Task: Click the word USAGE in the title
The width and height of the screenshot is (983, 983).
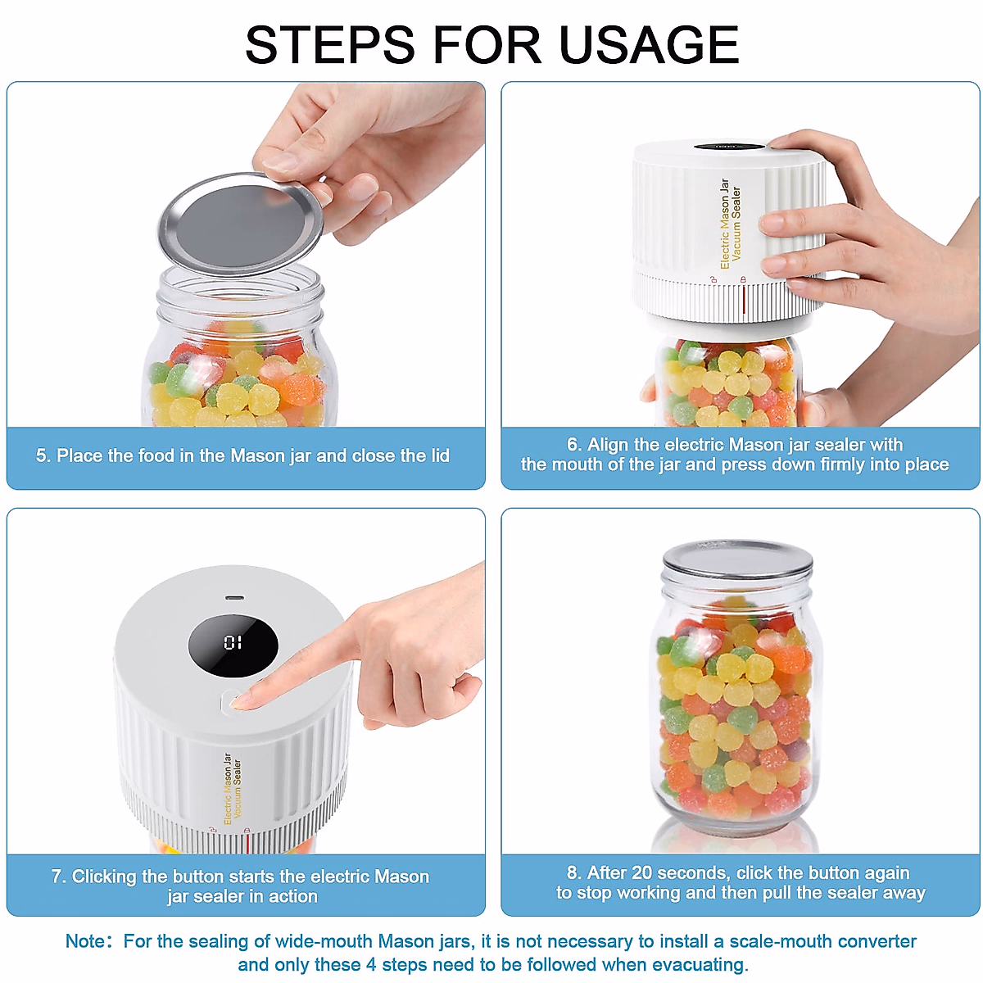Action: pyautogui.click(x=649, y=44)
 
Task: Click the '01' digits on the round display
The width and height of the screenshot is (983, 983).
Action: pyautogui.click(x=233, y=643)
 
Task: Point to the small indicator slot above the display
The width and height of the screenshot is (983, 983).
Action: pyautogui.click(x=233, y=597)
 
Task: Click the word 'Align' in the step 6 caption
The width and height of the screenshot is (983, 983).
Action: pyautogui.click(x=608, y=445)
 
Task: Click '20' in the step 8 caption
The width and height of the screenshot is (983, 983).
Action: pyautogui.click(x=642, y=872)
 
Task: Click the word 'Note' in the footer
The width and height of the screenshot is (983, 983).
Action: pyautogui.click(x=85, y=941)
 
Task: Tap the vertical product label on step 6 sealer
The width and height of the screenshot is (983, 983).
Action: pyautogui.click(x=730, y=224)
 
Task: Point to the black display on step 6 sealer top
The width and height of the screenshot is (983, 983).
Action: pyautogui.click(x=728, y=147)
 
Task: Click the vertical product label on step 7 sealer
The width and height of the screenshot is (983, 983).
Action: pyautogui.click(x=233, y=789)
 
